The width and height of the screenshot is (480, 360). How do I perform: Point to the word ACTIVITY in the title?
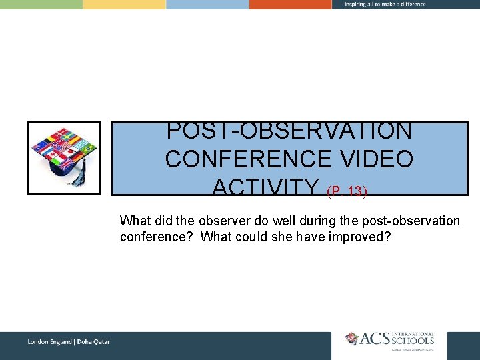tap(267, 187)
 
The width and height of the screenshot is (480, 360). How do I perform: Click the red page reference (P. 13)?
tap(347, 191)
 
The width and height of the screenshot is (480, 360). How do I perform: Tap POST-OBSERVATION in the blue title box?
tap(289, 131)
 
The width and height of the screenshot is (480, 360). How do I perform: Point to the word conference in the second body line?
tap(157, 237)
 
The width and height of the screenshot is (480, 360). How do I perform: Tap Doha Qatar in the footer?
tap(94, 342)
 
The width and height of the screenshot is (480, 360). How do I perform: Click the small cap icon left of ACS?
tap(352, 339)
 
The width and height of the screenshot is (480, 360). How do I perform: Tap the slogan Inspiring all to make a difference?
tap(385, 4)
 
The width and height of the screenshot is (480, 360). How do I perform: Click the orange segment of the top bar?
tap(290, 4)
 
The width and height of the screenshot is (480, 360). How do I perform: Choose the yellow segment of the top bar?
tap(124, 4)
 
